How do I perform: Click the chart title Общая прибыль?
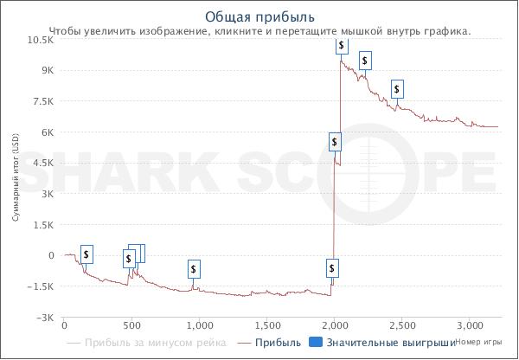(259, 16)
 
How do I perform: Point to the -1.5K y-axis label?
(42, 286)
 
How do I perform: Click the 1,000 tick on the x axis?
(200, 325)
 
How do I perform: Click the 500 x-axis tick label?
(131, 325)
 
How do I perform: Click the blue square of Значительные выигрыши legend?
(316, 343)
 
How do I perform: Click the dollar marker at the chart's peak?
(343, 45)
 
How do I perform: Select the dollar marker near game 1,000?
(194, 269)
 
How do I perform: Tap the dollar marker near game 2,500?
(397, 88)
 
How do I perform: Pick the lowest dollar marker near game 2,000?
(332, 267)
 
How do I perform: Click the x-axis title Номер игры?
(478, 343)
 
